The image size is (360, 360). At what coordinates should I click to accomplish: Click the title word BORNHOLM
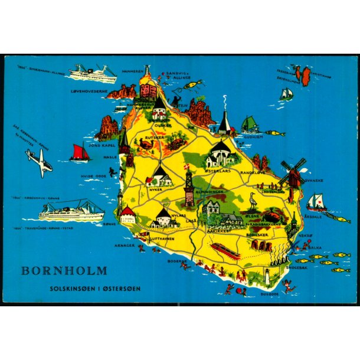tap(64, 271)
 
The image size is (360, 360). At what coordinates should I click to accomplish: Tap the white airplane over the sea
tap(39, 162)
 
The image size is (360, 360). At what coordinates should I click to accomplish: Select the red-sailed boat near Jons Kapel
tap(80, 153)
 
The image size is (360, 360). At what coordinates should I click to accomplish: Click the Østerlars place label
tap(215, 171)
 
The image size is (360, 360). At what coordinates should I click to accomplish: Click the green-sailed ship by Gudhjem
tap(249, 125)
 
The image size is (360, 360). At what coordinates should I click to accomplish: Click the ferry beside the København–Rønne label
tap(71, 211)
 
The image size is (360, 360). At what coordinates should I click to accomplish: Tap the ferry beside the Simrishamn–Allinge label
tap(92, 73)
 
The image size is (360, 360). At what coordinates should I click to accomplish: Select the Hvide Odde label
tap(96, 176)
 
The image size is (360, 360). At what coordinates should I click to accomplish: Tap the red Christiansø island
tap(306, 76)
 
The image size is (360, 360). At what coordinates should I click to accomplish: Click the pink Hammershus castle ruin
tap(148, 89)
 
